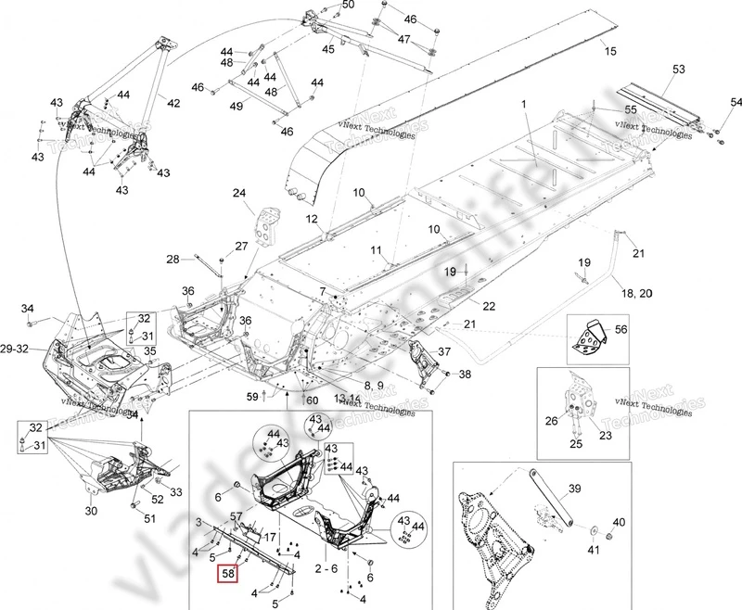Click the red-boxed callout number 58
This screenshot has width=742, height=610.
pos(226,574)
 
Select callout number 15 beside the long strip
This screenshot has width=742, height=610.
pos(609,50)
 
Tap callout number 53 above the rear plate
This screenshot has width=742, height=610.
pos(678,70)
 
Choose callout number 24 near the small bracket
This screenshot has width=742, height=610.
pos(238,194)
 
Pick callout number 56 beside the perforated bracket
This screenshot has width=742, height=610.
pos(620,329)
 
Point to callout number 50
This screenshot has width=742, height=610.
pos(321,6)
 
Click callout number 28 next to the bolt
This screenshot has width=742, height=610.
pos(173,259)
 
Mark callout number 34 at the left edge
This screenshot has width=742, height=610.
pos(28,309)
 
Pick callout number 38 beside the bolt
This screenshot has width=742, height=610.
pos(465,375)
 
